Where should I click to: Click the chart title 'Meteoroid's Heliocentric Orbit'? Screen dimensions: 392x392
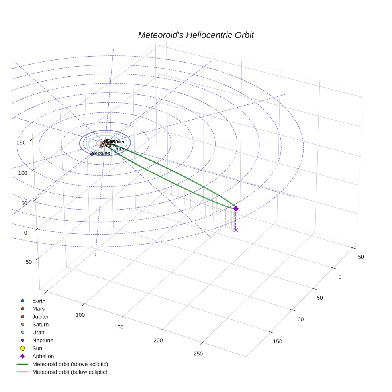196,35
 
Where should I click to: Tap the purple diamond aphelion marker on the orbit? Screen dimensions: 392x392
236,208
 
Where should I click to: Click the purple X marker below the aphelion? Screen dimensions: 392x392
236,230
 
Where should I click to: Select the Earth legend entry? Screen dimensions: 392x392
39,301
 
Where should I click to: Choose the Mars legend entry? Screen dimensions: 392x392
38,309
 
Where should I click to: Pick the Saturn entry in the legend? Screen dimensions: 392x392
40,325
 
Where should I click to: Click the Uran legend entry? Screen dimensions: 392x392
38,333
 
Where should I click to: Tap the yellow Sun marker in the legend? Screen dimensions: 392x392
23,348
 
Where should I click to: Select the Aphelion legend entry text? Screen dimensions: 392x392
43,356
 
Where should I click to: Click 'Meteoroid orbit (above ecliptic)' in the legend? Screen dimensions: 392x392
70,364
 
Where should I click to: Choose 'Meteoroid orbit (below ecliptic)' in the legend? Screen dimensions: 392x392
70,372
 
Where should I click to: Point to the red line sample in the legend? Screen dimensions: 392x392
23,372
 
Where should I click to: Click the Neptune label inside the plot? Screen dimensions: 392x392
101,153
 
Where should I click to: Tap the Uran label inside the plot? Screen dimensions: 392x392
119,149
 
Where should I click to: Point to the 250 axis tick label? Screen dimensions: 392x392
198,354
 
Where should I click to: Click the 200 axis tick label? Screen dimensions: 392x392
158,341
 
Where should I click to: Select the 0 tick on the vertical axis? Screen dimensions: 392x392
25,233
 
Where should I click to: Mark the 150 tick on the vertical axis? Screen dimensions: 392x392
21,143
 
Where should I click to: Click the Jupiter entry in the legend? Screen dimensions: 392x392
41,317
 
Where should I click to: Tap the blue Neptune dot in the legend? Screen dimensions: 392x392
23,340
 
